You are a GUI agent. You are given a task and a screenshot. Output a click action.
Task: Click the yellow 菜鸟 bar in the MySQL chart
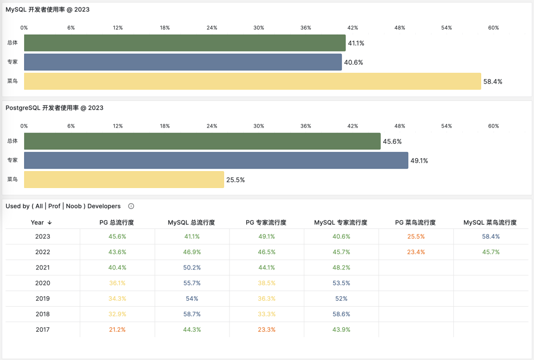point(252,81)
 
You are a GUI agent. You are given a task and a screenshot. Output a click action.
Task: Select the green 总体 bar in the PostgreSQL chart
point(202,141)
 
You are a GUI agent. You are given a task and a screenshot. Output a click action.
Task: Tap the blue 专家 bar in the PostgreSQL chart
point(216,160)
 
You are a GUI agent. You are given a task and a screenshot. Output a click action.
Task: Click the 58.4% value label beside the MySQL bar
point(492,82)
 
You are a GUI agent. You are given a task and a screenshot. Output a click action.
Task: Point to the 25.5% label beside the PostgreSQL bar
point(235,180)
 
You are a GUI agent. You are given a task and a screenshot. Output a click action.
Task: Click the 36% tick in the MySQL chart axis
point(306,28)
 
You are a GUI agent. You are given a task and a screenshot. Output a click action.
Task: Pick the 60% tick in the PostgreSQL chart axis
point(493,126)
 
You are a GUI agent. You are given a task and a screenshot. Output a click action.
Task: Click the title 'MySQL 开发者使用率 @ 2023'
point(47,9)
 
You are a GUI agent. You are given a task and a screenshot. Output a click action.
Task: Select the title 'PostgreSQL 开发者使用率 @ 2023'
point(54,108)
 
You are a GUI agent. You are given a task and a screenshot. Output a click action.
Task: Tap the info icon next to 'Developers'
point(131,206)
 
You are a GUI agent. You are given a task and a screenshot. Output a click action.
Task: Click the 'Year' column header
point(38,223)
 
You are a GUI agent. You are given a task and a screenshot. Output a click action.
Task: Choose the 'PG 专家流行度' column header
point(266,223)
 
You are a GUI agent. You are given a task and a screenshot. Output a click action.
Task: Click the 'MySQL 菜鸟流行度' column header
point(490,223)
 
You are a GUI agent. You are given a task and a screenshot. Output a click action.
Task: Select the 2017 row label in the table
point(43,329)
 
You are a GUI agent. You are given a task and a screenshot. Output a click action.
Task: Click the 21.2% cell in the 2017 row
point(117,329)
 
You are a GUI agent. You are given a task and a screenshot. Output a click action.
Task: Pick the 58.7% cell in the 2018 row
point(191,314)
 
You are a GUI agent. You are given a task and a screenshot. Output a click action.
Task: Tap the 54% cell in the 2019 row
point(191,299)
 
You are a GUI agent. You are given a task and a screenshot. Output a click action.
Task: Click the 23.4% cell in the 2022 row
point(415,252)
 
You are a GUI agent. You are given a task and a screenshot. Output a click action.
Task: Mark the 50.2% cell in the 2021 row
point(191,268)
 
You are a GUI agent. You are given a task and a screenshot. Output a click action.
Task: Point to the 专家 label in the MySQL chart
point(12,62)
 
